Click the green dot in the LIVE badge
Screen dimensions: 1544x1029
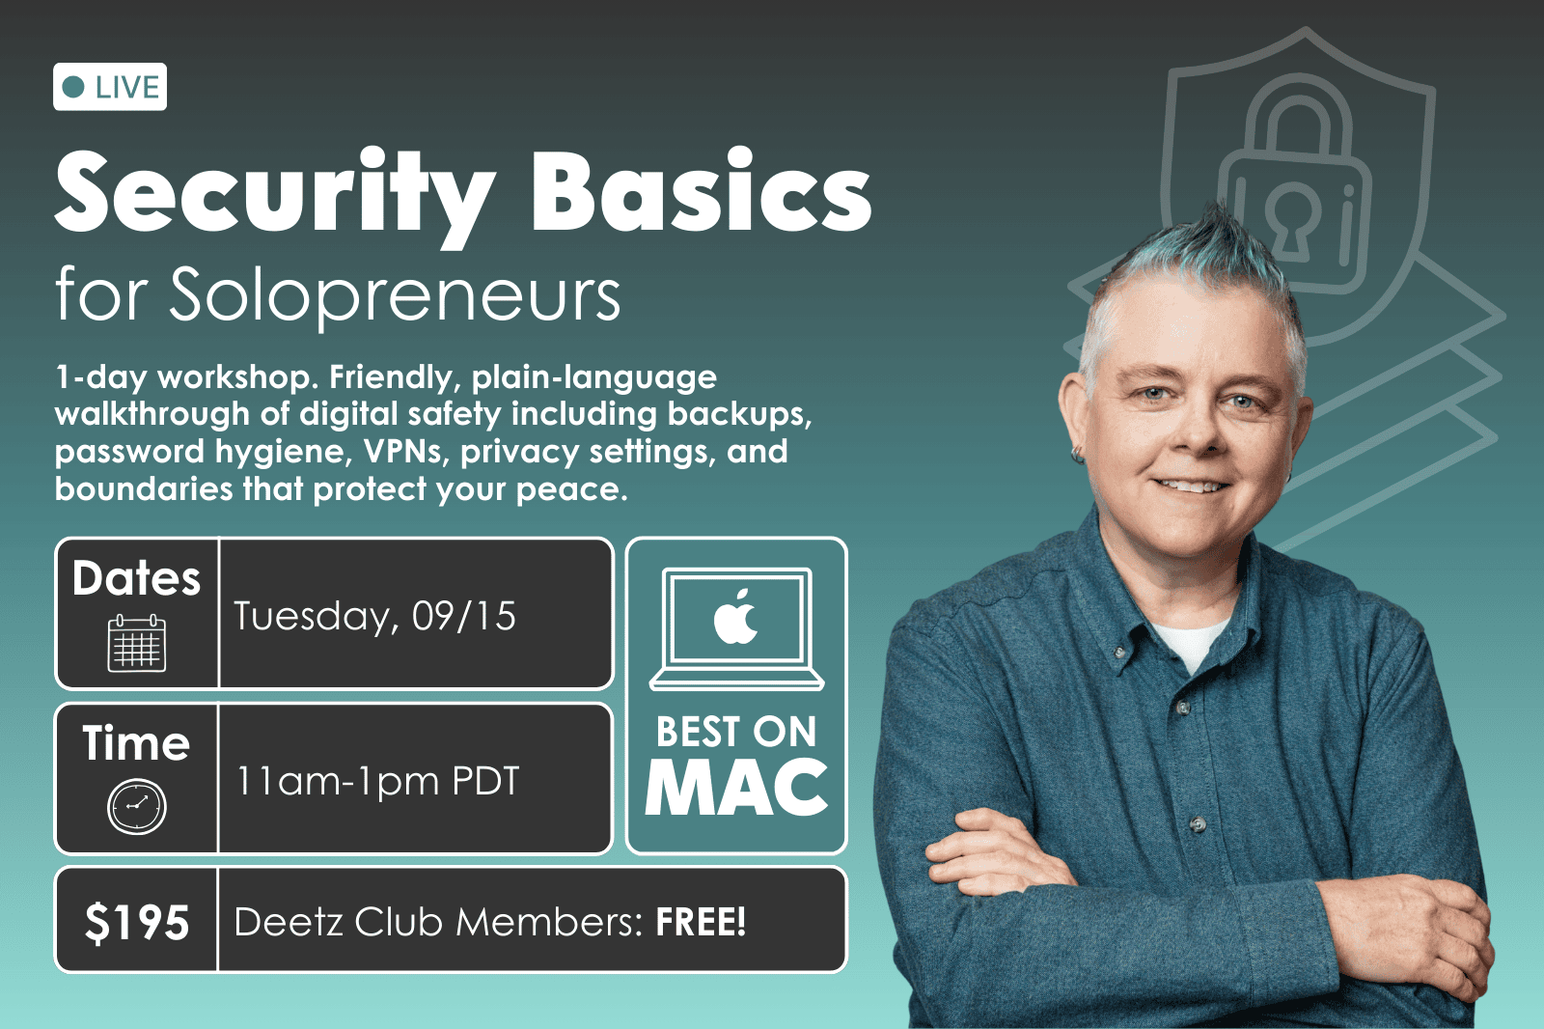(x=73, y=87)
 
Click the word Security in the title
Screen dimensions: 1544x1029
(x=275, y=193)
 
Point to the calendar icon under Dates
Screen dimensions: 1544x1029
(x=136, y=643)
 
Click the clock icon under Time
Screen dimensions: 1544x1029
(x=136, y=806)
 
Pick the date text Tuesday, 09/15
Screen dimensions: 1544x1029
(x=375, y=616)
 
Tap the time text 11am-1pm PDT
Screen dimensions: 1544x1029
(x=376, y=781)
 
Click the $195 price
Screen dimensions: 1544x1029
(x=136, y=922)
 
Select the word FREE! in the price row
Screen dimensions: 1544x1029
(x=701, y=922)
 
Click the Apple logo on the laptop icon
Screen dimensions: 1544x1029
(x=735, y=617)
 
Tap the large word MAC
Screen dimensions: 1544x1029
(x=736, y=787)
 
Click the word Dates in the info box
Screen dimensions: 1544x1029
(x=136, y=577)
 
